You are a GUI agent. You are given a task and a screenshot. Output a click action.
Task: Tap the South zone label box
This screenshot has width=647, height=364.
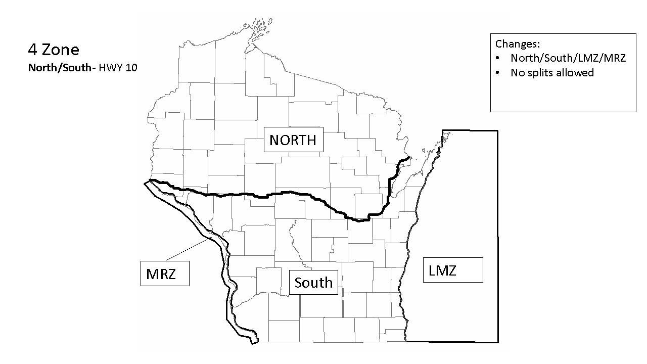pyautogui.click(x=313, y=282)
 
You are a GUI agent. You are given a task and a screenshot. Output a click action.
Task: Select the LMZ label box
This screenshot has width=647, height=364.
pyautogui.click(x=453, y=270)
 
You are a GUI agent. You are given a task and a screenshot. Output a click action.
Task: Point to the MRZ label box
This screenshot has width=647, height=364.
pyautogui.click(x=165, y=274)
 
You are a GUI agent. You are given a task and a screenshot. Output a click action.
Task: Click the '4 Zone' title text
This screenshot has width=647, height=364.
pyautogui.click(x=54, y=50)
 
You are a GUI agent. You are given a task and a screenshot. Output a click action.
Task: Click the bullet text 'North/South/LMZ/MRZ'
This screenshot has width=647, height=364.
pyautogui.click(x=568, y=58)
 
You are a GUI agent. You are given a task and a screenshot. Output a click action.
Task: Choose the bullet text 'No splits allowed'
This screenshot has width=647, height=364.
pyautogui.click(x=552, y=73)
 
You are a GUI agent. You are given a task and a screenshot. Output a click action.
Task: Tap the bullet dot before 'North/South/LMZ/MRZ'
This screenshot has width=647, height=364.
pyautogui.click(x=498, y=59)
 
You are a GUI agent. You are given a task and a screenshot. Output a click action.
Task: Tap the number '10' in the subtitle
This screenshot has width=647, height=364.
pyautogui.click(x=131, y=68)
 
